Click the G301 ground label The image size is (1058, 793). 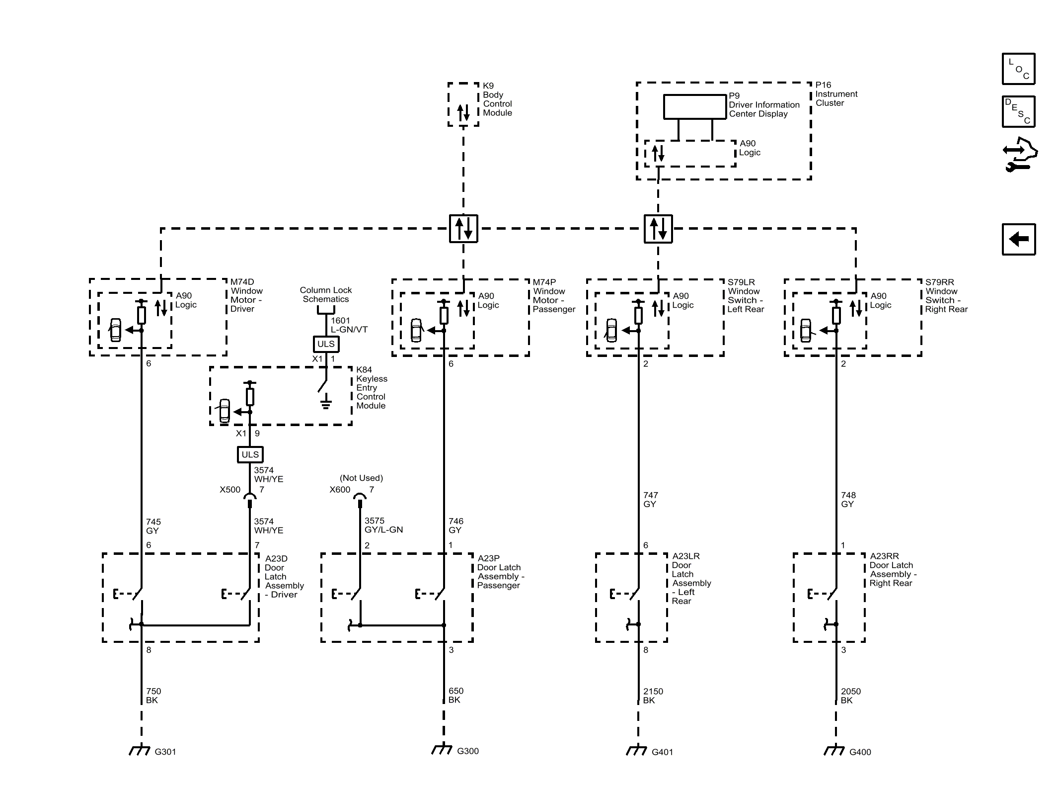(165, 752)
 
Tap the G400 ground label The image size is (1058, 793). (860, 752)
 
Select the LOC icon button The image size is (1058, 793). (1018, 69)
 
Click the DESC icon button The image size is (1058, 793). (1018, 111)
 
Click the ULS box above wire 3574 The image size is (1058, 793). (250, 454)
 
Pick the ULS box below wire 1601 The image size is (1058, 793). (326, 344)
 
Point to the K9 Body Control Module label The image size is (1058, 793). (497, 99)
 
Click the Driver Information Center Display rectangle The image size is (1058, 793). (695, 107)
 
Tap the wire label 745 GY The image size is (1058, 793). (153, 526)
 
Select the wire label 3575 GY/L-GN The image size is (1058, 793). (383, 525)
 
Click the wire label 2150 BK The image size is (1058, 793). (653, 696)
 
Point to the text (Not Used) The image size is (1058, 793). (361, 478)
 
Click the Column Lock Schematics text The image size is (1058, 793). (326, 294)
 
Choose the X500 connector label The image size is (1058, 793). (230, 490)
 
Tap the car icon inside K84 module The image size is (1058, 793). (225, 411)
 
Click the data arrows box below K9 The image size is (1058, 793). (463, 229)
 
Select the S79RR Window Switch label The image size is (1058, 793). (946, 296)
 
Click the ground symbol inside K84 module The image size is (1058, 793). (326, 402)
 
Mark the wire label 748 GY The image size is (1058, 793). (848, 499)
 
